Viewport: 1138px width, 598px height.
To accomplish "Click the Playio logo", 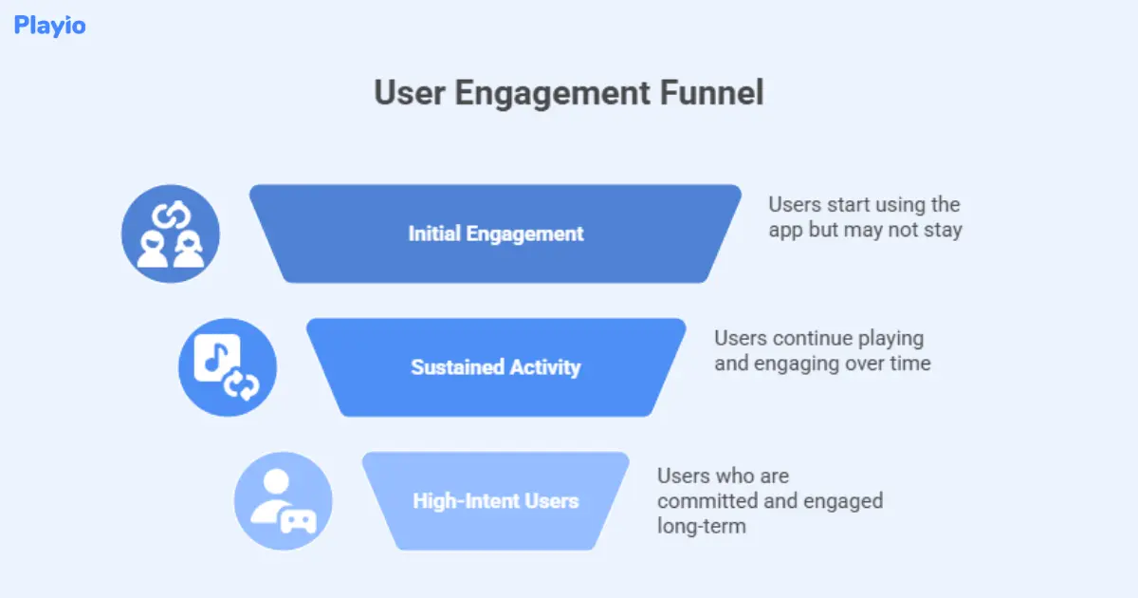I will tap(49, 26).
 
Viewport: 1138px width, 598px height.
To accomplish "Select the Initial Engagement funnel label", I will tap(496, 233).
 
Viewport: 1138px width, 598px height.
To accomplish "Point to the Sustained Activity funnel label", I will tap(495, 366).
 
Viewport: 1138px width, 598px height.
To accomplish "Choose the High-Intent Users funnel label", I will tap(495, 500).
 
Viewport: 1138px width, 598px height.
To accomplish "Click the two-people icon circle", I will tap(171, 234).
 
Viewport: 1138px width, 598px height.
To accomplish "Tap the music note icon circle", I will tap(228, 367).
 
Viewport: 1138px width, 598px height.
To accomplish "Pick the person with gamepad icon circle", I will tap(284, 500).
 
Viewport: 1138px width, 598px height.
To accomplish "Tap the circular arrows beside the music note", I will tap(242, 385).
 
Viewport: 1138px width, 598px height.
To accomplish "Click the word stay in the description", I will tap(943, 230).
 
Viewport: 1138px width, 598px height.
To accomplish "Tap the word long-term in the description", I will tap(702, 525).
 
